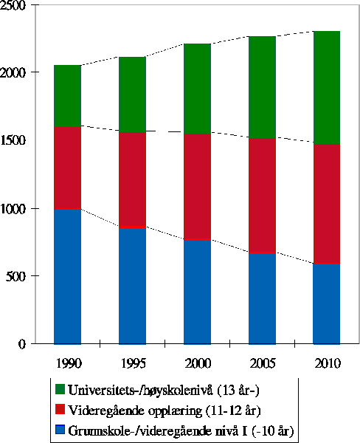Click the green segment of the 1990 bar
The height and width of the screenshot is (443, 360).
pos(67,95)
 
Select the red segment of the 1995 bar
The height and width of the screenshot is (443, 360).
pos(132,179)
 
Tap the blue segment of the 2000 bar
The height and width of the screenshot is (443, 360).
pos(197,292)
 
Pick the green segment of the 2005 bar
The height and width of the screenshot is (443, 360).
pos(262,86)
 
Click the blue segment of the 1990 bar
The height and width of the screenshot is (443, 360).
pos(67,276)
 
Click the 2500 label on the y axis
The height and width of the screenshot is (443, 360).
pos(14,6)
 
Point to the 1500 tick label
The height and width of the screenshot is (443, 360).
pos(14,141)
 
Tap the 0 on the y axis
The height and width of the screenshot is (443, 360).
pos(24,344)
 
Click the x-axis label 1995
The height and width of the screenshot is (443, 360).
pos(132,363)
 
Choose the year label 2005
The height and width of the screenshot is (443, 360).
pos(262,363)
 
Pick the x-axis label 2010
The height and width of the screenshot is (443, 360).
pos(327,363)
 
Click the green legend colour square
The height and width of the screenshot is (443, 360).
pos(60,389)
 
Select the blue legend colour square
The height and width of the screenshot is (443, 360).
pos(60,430)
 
